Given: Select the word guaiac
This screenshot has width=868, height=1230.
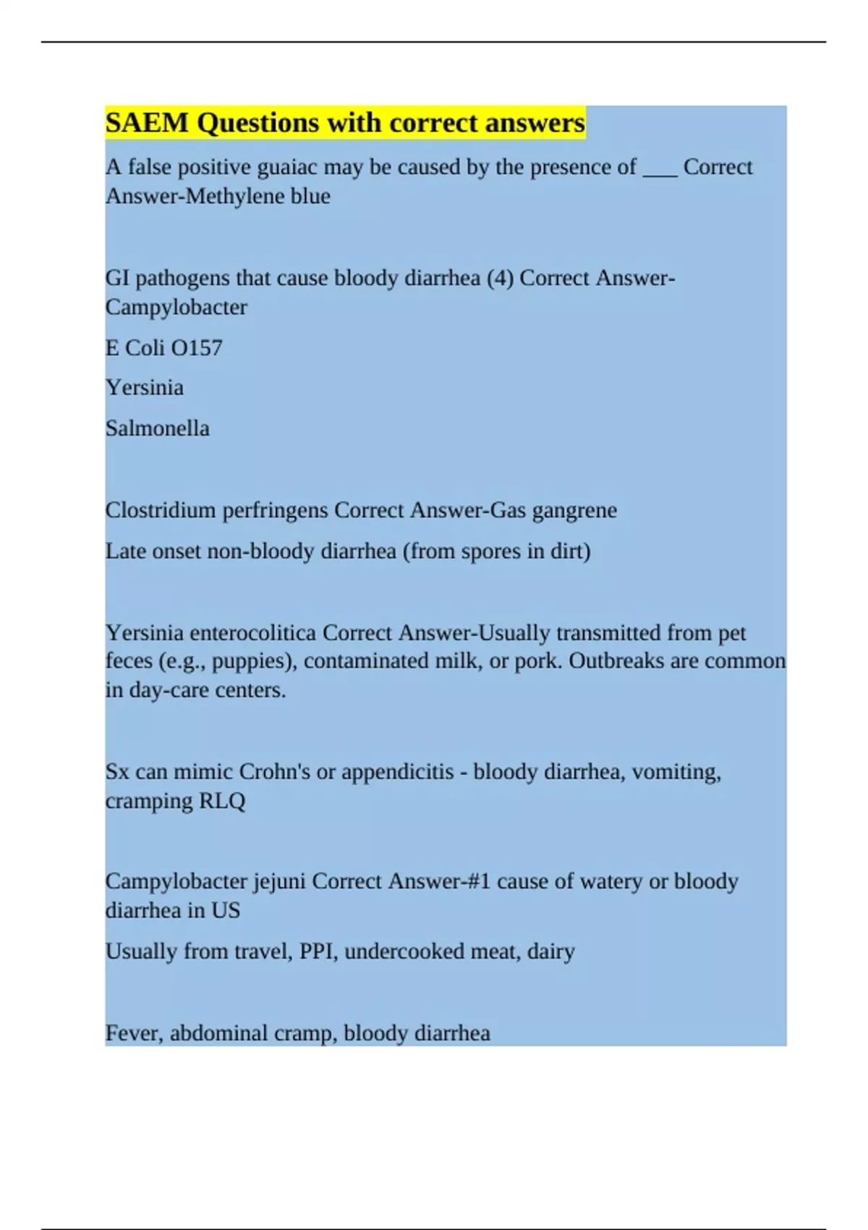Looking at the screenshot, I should (287, 168).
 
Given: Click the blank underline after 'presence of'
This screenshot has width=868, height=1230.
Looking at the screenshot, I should (660, 171).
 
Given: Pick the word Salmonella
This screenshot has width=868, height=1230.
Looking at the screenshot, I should (158, 428).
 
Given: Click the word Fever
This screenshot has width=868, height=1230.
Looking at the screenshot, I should (135, 1033).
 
